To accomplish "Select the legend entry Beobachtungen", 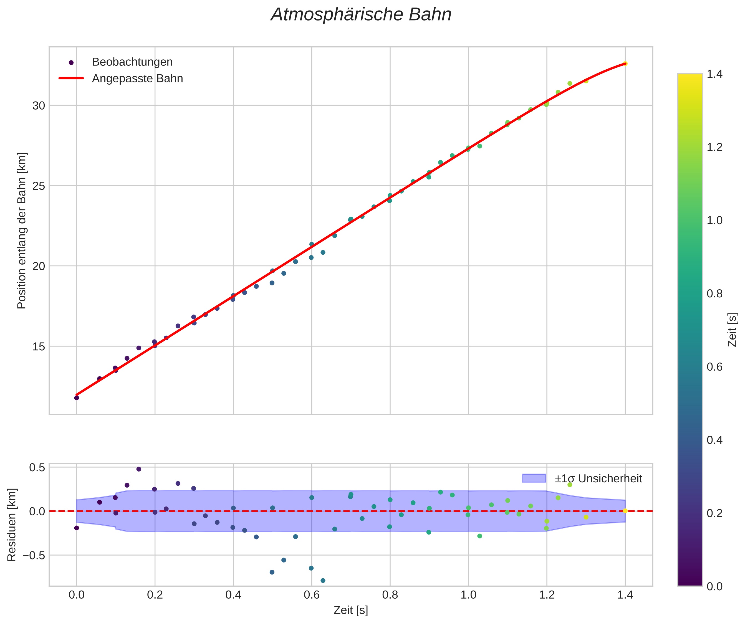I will pos(132,62).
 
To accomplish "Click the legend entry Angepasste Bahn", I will pos(137,78).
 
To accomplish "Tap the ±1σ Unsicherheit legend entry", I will pos(598,479).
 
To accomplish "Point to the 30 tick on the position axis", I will pos(39,106).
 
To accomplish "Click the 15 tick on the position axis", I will pos(39,346).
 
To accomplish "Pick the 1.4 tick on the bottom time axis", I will pos(625,595).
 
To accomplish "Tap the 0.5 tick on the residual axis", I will pos(37,467).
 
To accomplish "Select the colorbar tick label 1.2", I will pos(714,147).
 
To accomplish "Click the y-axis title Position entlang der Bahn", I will pos(22,231).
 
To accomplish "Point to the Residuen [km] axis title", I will pos(12,525).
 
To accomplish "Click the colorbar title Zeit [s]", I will pos(733,330).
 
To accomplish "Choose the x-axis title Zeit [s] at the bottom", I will pos(350,610).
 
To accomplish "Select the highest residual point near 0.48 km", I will pos(139,469).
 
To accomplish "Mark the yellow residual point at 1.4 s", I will pos(625,511).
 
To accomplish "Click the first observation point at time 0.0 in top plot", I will pos(77,398).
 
